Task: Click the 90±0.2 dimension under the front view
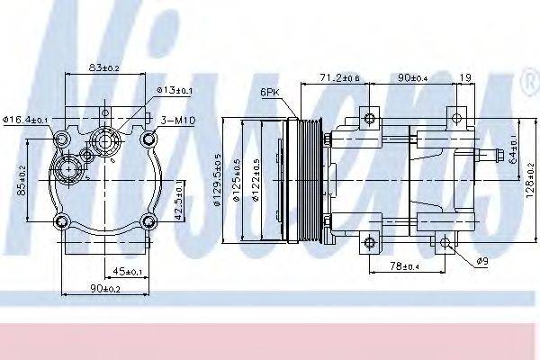[105, 288]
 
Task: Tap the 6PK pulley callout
[269, 93]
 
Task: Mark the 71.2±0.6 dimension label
[339, 79]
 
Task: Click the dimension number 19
[464, 79]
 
